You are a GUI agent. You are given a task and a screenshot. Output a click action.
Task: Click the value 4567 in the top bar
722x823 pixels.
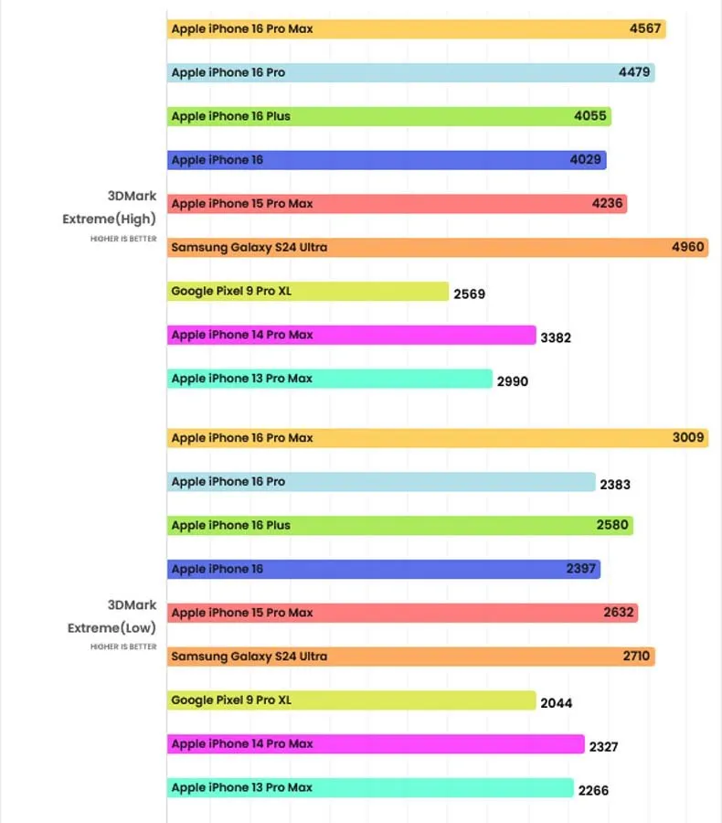coord(645,29)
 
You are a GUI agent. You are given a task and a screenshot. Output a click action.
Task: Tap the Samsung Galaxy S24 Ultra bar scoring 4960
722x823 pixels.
coord(437,247)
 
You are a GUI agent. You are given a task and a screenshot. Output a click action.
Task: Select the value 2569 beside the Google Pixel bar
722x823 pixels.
coord(469,294)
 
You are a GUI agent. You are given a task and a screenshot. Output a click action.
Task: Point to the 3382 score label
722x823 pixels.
coord(556,337)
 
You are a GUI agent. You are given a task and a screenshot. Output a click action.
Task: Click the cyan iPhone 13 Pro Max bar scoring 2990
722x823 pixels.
coord(329,379)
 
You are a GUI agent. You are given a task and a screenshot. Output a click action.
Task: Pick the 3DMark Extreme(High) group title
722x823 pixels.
coord(110,207)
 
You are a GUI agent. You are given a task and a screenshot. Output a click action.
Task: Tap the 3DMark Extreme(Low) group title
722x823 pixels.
coord(111,616)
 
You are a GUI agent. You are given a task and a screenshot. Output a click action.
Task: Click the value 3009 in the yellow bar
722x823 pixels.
coord(688,438)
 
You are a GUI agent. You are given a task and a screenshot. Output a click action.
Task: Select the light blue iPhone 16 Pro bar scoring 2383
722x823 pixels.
coord(381,482)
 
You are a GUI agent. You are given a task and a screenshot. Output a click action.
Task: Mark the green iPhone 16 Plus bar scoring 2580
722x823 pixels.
coord(399,526)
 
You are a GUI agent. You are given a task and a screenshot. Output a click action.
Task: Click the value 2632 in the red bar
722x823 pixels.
coord(619,613)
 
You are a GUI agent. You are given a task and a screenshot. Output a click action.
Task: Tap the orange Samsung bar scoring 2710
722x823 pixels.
coord(410,657)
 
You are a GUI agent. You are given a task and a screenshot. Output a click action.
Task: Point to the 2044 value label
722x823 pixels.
coord(557,703)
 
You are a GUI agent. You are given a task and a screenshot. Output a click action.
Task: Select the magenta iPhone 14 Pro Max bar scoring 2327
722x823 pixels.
coord(375,744)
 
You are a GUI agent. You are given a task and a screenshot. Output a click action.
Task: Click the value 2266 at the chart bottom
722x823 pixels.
coord(593,791)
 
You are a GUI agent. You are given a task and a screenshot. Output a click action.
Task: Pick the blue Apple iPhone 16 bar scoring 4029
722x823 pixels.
coord(386,160)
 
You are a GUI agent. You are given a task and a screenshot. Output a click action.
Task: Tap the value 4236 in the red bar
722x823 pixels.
coord(608,204)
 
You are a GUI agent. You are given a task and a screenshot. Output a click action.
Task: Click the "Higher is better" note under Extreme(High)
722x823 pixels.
coord(123,239)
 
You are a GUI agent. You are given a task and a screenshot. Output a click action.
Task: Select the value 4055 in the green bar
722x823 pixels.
coord(589,116)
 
